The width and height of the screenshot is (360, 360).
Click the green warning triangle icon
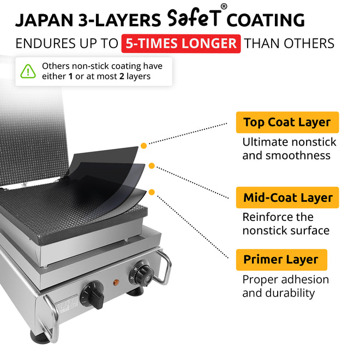click(28, 71)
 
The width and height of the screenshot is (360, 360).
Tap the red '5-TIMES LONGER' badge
click(181, 44)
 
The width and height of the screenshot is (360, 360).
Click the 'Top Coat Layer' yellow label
click(287, 122)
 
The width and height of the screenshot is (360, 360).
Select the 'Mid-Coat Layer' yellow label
click(287, 197)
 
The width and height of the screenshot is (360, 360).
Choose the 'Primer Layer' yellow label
click(281, 260)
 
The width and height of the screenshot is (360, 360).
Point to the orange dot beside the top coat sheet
click(143, 146)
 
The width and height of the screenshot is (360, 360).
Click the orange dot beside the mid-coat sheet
click(152, 166)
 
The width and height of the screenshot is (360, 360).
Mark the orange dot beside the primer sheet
click(152, 192)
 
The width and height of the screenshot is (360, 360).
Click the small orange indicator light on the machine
click(116, 282)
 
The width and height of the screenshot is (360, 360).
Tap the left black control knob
click(93, 296)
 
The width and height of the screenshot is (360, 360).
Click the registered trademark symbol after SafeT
click(224, 7)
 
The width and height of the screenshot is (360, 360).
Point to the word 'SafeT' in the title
click(195, 18)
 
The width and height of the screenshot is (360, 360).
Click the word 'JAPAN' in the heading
click(44, 20)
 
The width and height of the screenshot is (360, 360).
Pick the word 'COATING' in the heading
click(266, 20)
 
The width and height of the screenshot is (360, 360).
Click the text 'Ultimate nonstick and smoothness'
click(289, 148)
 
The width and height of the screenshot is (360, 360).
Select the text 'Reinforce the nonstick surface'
click(286, 224)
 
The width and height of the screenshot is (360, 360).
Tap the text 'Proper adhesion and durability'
click(286, 286)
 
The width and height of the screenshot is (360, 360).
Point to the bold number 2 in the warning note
click(122, 76)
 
